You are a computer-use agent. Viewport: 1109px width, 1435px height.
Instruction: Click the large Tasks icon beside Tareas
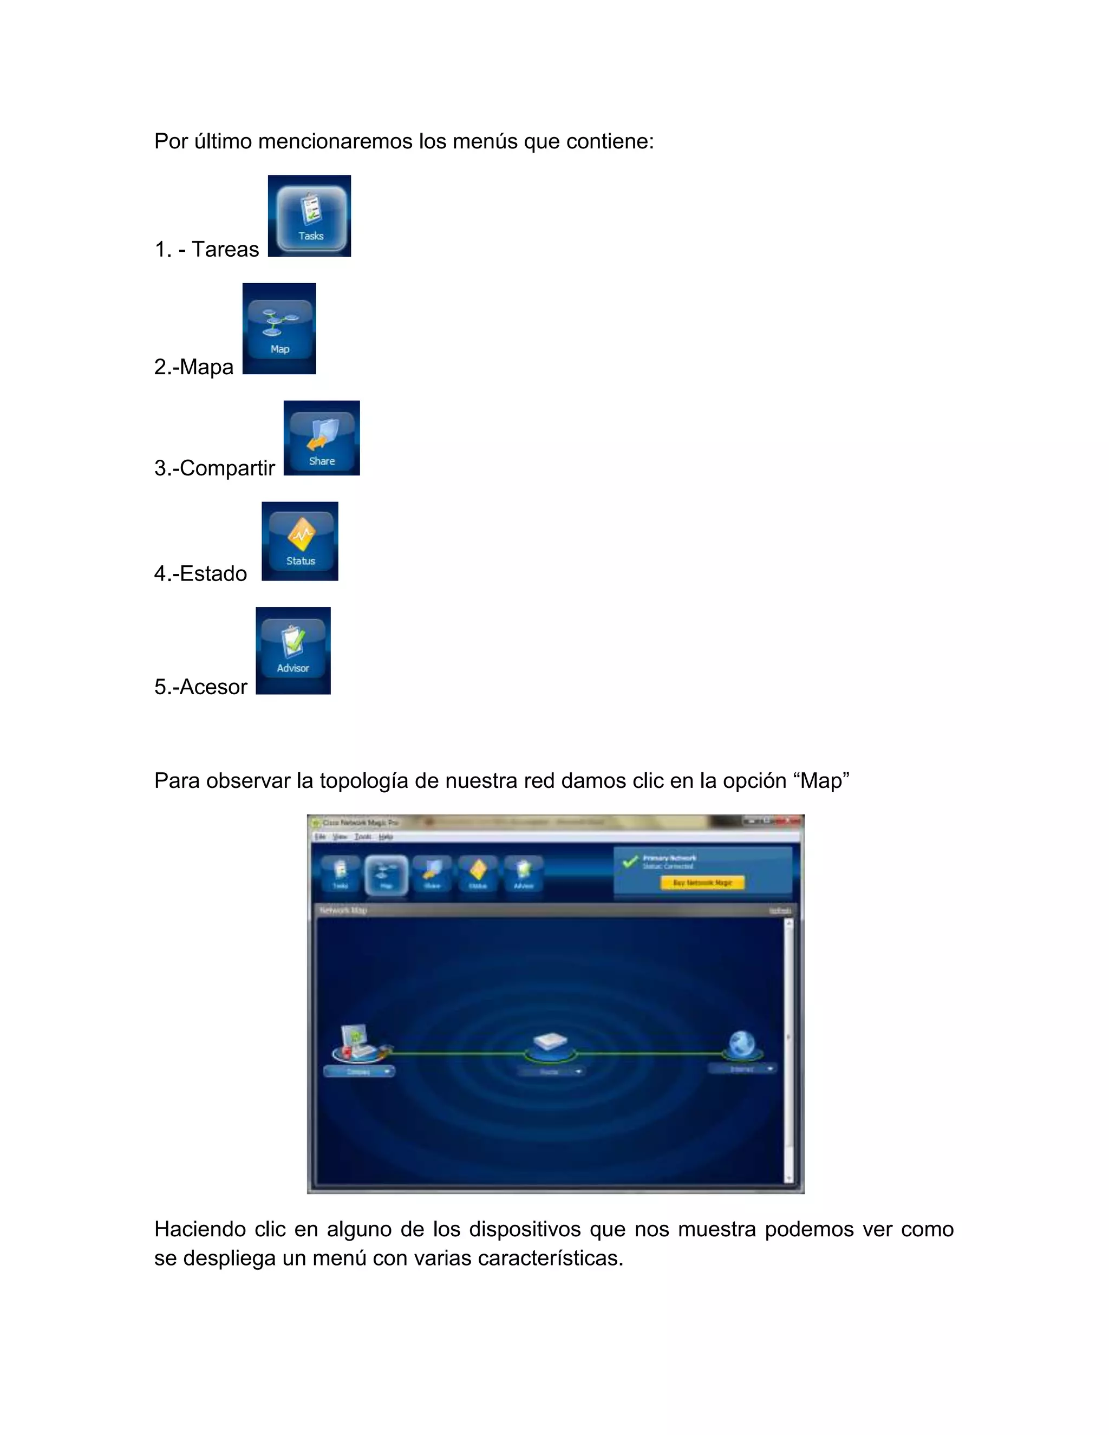[x=309, y=216]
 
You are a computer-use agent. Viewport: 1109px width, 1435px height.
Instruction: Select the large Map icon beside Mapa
[x=279, y=329]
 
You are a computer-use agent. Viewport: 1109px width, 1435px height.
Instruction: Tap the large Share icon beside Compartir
[x=322, y=438]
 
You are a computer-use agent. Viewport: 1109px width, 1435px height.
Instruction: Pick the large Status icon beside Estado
[x=300, y=542]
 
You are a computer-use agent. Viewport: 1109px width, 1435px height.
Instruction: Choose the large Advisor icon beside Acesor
[x=293, y=650]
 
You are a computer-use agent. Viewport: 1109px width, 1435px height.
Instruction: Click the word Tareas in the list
[x=225, y=250]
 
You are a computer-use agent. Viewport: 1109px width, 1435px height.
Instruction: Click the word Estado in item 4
[x=213, y=573]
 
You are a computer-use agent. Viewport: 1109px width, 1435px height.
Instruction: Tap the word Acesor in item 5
[x=213, y=687]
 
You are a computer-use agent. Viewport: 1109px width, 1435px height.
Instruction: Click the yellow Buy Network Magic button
[x=702, y=883]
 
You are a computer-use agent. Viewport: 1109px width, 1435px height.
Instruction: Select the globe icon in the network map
[x=742, y=1044]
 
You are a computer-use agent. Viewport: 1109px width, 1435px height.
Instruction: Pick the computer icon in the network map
[x=357, y=1042]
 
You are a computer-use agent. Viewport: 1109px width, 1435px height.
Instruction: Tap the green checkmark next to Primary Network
[x=630, y=861]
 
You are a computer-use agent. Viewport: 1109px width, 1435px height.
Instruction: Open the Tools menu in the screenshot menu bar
[x=363, y=837]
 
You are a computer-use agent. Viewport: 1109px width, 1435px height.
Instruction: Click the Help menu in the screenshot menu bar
[x=386, y=837]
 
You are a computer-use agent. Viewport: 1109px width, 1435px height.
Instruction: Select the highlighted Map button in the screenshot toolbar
[x=386, y=875]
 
